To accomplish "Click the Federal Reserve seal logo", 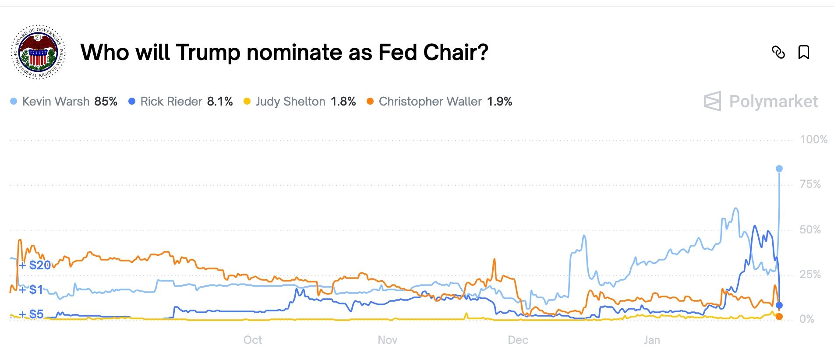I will pos(38,52).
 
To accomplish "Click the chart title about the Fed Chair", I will pos(284,53).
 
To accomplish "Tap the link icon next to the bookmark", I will pos(778,53).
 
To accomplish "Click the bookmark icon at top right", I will pos(803,53).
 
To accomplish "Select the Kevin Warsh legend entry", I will pos(56,102).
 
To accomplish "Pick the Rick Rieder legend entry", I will pos(171,102).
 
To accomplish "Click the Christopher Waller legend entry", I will pos(430,102).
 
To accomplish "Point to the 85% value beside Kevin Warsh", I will pos(106,102).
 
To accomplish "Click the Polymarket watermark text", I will pos(773,102).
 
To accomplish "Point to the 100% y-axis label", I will pos(813,140).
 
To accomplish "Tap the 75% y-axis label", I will pos(810,184).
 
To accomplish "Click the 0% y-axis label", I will pos(806,319).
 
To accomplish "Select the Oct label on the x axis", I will pos(253,340).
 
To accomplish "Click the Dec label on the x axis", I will pos(518,340).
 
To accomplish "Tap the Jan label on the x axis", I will pos(652,340).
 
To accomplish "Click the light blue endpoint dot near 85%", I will pos(779,169).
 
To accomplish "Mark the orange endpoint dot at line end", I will pos(779,317).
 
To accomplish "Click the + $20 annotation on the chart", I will pos(35,265).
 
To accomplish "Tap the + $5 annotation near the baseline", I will pos(32,314).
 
